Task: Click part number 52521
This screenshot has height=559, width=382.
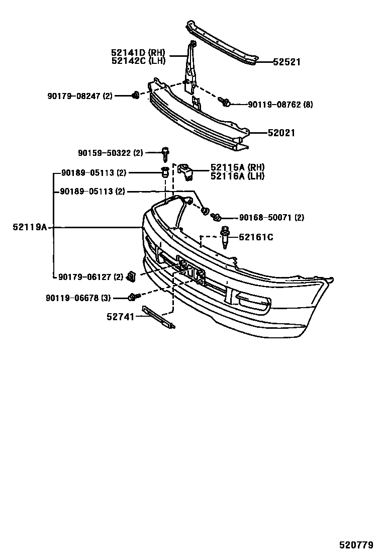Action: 286,62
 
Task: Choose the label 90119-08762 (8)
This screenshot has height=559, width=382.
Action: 280,105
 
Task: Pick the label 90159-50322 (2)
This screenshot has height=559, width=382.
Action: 111,152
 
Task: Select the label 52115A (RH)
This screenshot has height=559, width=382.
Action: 238,167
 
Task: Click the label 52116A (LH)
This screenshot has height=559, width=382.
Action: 238,176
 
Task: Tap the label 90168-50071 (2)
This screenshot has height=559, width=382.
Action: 271,218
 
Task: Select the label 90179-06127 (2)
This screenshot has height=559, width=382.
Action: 90,276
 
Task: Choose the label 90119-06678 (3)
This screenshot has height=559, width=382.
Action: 78,298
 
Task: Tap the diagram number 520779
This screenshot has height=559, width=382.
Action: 356,545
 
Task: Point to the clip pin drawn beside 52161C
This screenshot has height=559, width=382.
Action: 225,237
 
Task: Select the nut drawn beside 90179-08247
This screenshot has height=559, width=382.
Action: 135,95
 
